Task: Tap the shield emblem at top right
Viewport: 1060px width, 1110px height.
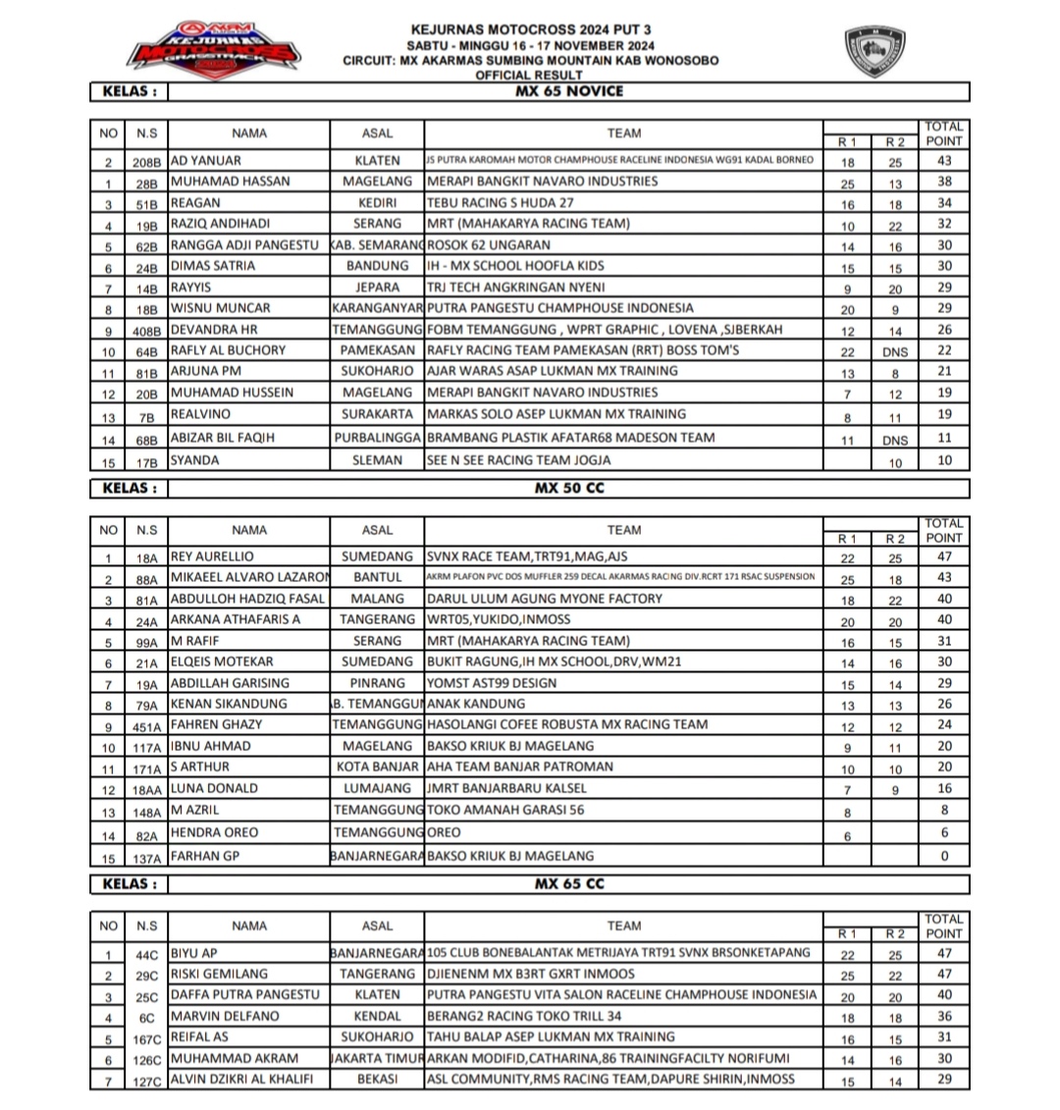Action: pos(874,52)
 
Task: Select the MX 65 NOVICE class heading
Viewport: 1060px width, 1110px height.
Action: pos(569,91)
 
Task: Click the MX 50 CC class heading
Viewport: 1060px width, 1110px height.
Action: pos(569,488)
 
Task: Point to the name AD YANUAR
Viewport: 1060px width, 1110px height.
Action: pos(206,160)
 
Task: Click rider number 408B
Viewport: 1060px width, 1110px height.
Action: pos(146,331)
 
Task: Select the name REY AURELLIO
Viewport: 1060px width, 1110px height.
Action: pos(211,556)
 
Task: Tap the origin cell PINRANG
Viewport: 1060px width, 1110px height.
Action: pos(377,683)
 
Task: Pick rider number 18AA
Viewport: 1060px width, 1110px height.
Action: pos(146,789)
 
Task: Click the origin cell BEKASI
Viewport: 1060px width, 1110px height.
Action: pos(377,1080)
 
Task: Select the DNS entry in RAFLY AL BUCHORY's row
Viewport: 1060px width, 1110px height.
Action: pos(895,351)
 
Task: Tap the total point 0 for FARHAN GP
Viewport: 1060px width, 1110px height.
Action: pos(944,857)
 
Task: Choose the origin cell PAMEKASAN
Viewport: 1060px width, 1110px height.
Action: pos(377,350)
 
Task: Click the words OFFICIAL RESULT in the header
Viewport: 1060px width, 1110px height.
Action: pos(530,75)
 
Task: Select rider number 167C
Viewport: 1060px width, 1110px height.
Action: pos(146,1038)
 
